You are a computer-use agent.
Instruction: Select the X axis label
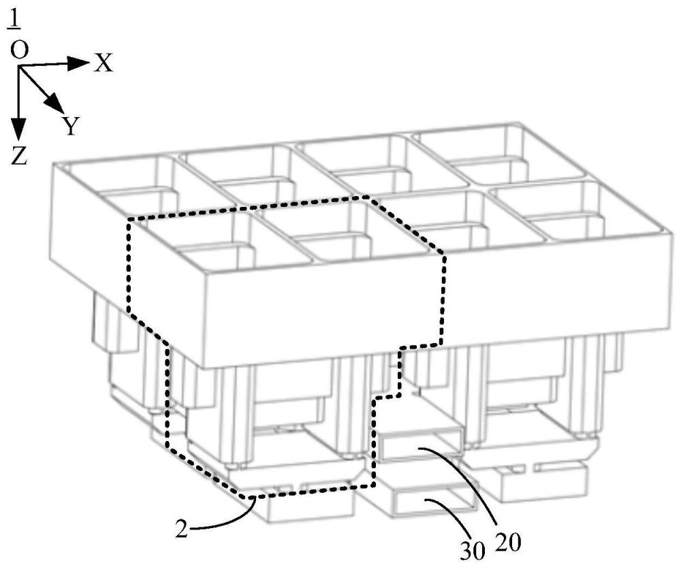pyautogui.click(x=104, y=63)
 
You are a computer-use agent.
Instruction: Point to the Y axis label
pyautogui.click(x=71, y=125)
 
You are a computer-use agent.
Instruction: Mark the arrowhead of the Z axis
pyautogui.click(x=19, y=129)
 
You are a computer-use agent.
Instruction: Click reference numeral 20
pyautogui.click(x=509, y=543)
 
